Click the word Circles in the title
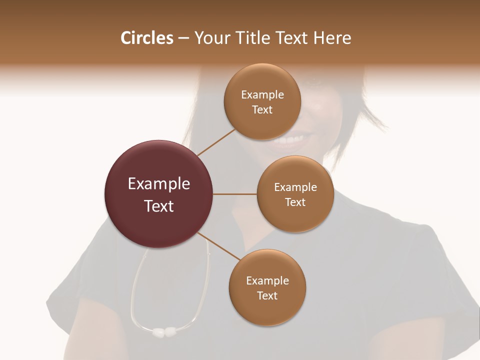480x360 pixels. (x=147, y=38)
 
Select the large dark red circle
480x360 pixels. (x=159, y=194)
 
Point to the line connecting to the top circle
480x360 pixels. (x=216, y=142)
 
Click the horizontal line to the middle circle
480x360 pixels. (x=235, y=194)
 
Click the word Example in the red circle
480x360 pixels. (x=159, y=184)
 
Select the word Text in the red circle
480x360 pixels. (x=159, y=206)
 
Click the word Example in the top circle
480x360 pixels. (x=262, y=94)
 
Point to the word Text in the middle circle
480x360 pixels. (x=295, y=202)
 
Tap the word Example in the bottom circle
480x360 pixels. (x=267, y=281)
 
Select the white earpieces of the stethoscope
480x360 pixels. (x=164, y=331)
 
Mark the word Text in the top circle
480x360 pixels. (x=262, y=109)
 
